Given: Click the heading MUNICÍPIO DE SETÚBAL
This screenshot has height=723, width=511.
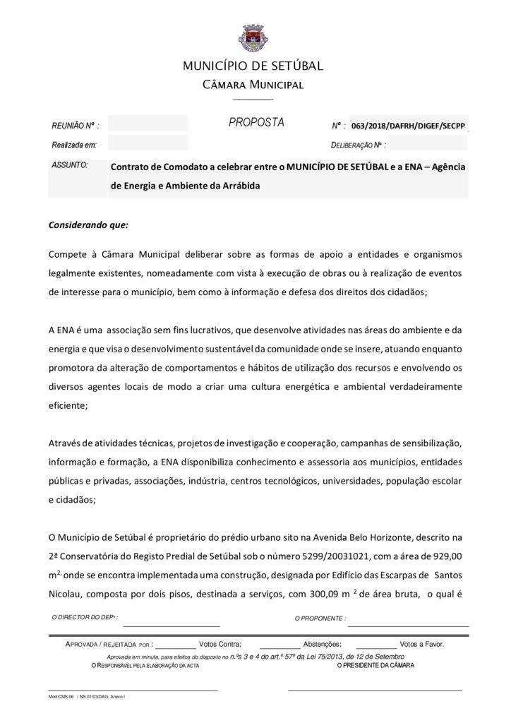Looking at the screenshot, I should (253, 66).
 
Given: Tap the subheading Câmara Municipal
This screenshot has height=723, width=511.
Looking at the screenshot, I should (253, 85).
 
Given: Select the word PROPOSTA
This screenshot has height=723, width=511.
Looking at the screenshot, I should (256, 123).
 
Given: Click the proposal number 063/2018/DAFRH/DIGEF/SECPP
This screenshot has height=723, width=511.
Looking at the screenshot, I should (408, 126).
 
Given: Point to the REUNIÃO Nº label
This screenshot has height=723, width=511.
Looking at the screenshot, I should (75, 126).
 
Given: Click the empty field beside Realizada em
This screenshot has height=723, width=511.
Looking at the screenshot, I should (148, 144).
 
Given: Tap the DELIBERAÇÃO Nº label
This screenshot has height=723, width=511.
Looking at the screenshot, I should (358, 145).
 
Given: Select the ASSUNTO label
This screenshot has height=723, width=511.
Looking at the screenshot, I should (69, 165).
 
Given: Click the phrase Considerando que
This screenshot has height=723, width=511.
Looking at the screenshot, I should (88, 226).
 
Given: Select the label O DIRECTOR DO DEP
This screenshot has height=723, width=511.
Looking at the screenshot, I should (85, 617).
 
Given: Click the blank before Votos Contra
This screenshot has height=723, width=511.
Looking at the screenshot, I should (174, 645).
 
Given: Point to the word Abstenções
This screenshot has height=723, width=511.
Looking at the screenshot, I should (322, 644).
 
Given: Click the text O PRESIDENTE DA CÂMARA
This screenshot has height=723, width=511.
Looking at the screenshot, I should (375, 665).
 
